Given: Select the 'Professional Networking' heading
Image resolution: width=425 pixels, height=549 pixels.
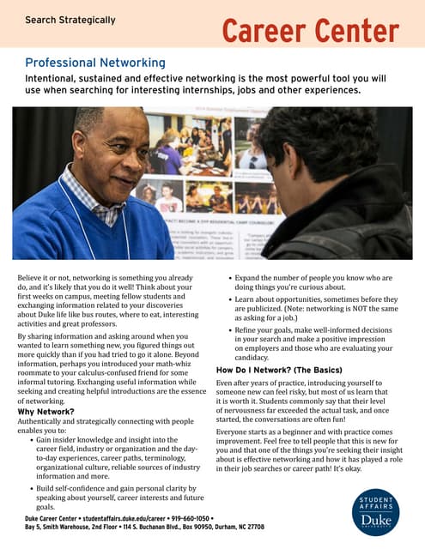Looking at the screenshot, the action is point(95,63).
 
